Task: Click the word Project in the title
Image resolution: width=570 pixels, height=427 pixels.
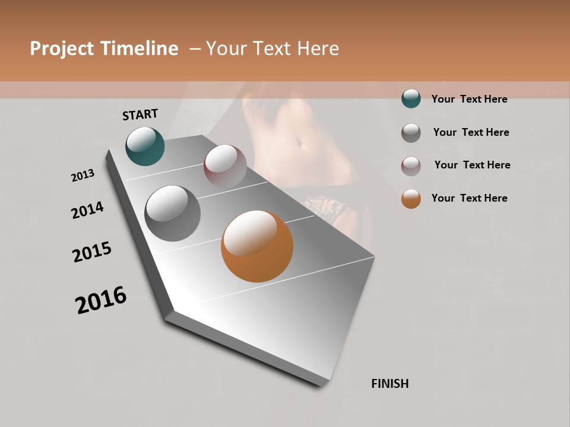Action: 62,49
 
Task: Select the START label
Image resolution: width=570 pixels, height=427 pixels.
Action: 140,114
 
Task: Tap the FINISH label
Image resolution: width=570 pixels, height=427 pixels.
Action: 390,384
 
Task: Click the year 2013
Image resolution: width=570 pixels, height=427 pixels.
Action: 83,176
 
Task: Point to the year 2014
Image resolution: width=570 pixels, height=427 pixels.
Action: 88,210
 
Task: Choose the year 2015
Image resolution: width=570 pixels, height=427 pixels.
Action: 92,252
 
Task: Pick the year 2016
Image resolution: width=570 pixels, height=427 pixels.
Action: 101,300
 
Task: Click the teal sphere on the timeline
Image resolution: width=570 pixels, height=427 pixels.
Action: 145,146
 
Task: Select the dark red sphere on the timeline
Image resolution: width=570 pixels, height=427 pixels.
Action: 225,166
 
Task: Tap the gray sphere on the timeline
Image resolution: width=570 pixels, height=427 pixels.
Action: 173,213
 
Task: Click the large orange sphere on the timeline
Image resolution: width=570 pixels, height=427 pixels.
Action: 257,246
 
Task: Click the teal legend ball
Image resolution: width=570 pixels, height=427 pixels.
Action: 411,98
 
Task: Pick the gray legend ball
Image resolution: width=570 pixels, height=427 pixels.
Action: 411,133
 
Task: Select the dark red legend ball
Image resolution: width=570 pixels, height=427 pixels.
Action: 411,166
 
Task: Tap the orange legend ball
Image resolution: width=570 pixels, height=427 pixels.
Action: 411,199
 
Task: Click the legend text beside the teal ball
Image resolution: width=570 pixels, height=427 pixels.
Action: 469,99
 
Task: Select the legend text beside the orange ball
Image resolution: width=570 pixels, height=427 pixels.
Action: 469,198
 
